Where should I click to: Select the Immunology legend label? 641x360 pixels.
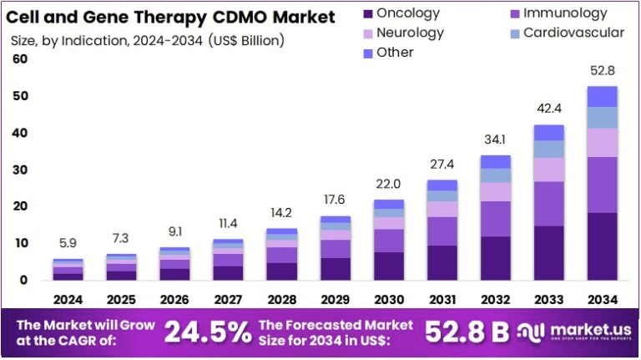[x=565, y=13]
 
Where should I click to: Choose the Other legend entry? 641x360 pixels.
[x=395, y=53]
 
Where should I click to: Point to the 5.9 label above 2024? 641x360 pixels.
[x=68, y=243]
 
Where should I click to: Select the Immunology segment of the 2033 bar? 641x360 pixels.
[x=549, y=203]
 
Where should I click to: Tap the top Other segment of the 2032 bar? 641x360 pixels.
[x=497, y=161]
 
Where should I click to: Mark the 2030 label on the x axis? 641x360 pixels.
[x=388, y=299]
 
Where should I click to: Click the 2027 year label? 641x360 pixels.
[x=228, y=299]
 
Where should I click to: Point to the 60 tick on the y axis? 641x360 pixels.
[x=20, y=59]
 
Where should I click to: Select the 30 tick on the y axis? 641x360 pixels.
[x=20, y=170]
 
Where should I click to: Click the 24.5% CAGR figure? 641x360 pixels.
[x=207, y=332]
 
